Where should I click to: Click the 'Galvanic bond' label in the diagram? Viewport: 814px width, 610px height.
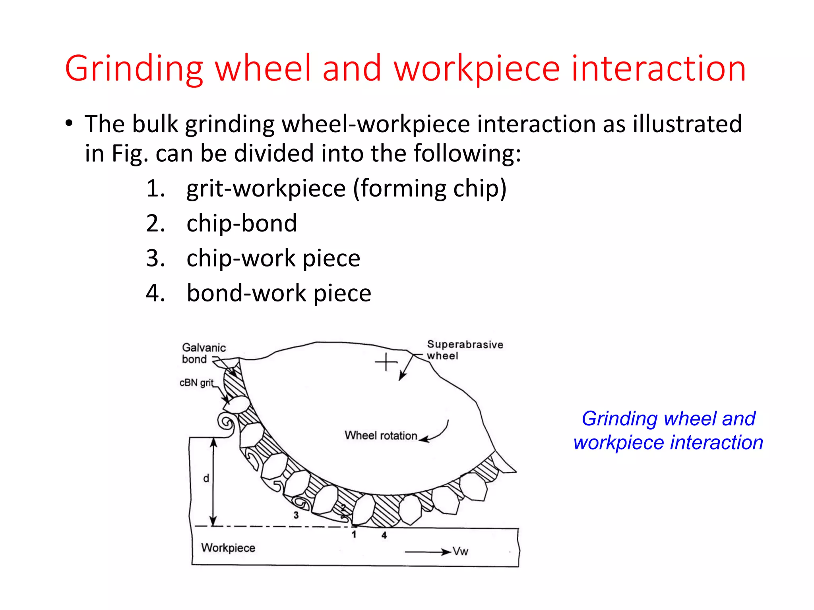(x=203, y=353)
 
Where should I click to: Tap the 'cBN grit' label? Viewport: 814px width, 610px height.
(x=196, y=382)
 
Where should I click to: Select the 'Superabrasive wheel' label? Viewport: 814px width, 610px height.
(x=465, y=350)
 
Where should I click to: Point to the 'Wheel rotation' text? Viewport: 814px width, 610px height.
(x=381, y=435)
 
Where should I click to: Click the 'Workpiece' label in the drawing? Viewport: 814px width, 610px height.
(x=228, y=548)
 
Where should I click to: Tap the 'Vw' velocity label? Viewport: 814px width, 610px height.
(x=461, y=551)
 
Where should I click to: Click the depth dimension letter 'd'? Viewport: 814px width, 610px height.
(x=206, y=479)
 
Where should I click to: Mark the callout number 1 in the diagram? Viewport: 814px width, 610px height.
(x=354, y=535)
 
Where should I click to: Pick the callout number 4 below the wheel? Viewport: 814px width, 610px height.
(x=384, y=535)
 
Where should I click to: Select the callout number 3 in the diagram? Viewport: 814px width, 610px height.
(x=296, y=515)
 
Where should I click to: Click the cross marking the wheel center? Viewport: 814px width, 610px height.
(x=386, y=362)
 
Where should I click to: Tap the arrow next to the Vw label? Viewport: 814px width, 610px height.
(x=428, y=552)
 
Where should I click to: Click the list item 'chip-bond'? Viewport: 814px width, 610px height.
(x=242, y=223)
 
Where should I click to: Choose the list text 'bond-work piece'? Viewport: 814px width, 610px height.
(x=279, y=293)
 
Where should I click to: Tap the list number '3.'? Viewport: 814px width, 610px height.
(x=155, y=258)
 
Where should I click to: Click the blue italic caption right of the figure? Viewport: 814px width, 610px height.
(x=668, y=430)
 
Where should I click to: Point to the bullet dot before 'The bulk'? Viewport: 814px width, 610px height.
(x=69, y=123)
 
